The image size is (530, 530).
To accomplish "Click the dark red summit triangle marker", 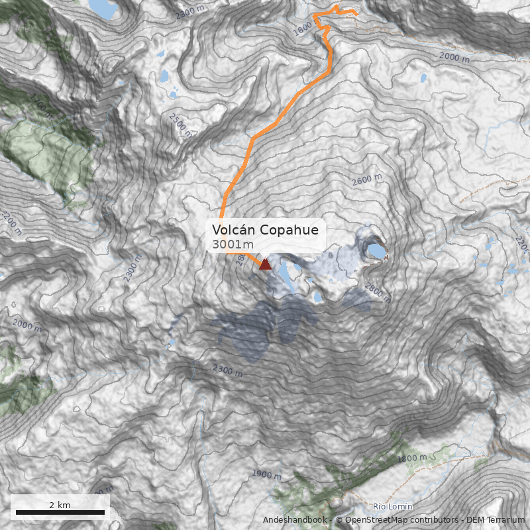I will click(265, 264).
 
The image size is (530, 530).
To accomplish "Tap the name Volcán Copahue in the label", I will click(265, 230).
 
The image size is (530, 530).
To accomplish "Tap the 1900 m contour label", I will click(266, 474).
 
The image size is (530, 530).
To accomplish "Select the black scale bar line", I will click(60, 512).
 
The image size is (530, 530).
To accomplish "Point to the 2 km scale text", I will click(60, 505).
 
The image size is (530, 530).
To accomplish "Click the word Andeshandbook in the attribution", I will click(294, 520).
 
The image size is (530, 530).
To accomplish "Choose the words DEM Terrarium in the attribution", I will click(496, 520).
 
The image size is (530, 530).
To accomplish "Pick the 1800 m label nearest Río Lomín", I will click(413, 458).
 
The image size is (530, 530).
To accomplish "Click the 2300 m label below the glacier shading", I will click(227, 369).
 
